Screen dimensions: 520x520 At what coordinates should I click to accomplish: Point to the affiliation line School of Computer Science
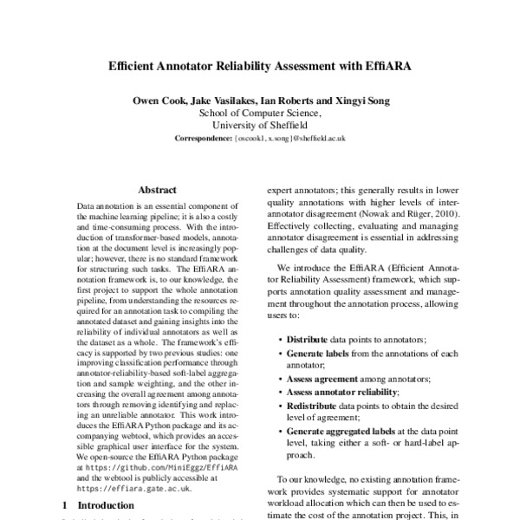click(260, 113)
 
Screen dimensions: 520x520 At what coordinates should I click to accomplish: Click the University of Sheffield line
click(260, 125)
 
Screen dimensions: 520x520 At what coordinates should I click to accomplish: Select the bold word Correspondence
click(203, 138)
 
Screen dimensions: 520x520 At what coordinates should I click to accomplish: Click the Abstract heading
click(157, 189)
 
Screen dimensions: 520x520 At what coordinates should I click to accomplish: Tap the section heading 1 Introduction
click(94, 504)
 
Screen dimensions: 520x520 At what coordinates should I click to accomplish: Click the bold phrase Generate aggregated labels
click(343, 433)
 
